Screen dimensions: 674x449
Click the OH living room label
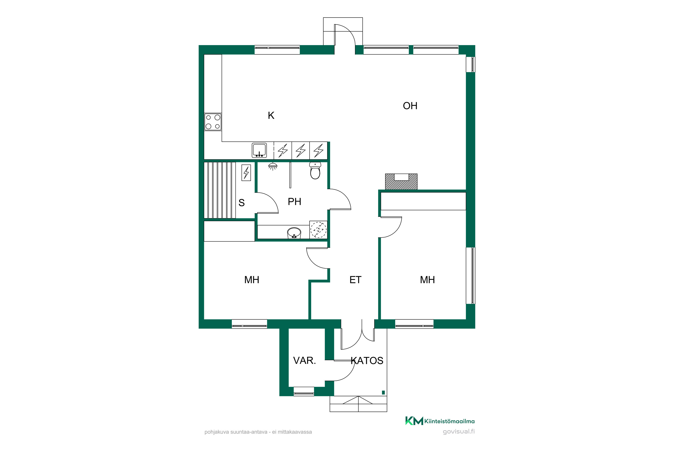pyautogui.click(x=410, y=106)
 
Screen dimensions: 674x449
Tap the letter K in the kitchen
pyautogui.click(x=271, y=115)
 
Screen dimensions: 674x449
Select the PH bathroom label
pyautogui.click(x=294, y=202)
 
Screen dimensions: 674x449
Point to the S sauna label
pyautogui.click(x=242, y=203)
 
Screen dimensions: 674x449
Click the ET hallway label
pyautogui.click(x=355, y=280)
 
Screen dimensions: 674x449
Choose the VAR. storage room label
pyautogui.click(x=304, y=361)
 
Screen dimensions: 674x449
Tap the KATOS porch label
pyautogui.click(x=367, y=361)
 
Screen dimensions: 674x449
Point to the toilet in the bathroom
pyautogui.click(x=315, y=171)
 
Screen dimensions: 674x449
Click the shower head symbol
pyautogui.click(x=273, y=166)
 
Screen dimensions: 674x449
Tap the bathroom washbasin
pyautogui.click(x=294, y=233)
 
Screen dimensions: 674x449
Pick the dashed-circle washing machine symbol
pyautogui.click(x=318, y=230)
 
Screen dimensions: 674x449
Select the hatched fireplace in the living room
pyautogui.click(x=401, y=182)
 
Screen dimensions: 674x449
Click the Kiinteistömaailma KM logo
pyautogui.click(x=414, y=421)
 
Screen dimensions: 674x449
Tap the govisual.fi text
pyautogui.click(x=459, y=431)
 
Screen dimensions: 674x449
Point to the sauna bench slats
pyautogui.click(x=220, y=190)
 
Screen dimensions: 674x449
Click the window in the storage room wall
pyautogui.click(x=304, y=392)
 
